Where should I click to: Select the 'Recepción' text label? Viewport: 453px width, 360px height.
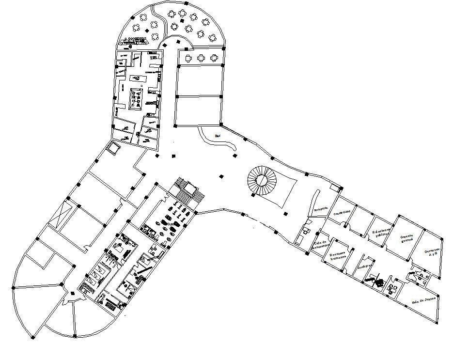click(321, 210)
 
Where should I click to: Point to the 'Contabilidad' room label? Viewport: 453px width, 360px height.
click(345, 212)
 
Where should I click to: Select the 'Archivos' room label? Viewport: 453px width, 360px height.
click(364, 267)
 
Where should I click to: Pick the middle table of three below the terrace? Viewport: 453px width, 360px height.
click(201, 58)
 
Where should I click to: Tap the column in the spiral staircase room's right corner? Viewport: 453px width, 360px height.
click(307, 174)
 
